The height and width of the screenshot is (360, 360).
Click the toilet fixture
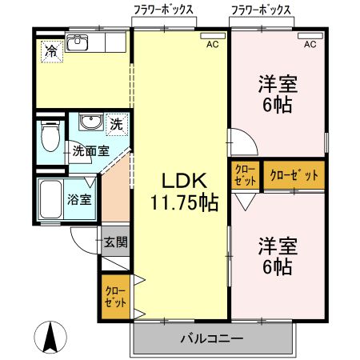coord(50,138)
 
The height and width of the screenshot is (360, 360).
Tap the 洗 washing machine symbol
coord(117,125)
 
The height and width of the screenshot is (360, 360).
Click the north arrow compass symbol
coord(50,336)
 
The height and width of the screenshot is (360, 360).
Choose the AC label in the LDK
coord(212,45)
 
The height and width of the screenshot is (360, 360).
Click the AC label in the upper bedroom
coord(309,45)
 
